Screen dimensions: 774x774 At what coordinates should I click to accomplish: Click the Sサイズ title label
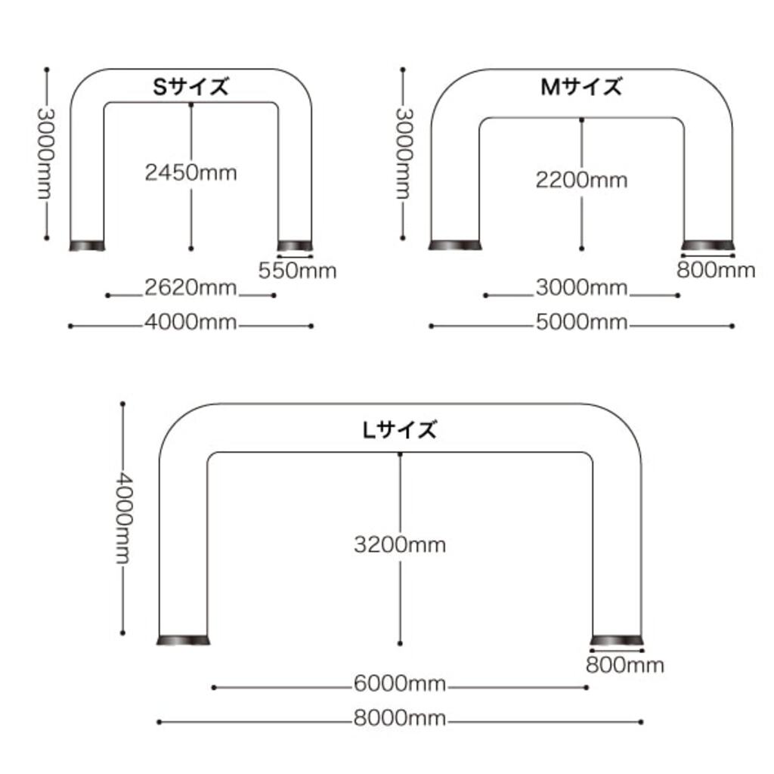pyautogui.click(x=191, y=87)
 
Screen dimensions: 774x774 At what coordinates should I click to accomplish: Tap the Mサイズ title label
pyautogui.click(x=581, y=87)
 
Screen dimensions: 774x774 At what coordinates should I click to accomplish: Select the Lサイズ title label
pyautogui.click(x=400, y=430)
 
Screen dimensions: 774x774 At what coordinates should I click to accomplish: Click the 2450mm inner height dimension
pyautogui.click(x=191, y=173)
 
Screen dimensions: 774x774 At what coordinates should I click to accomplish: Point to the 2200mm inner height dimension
pyautogui.click(x=581, y=180)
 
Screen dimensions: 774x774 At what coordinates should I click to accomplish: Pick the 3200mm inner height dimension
pyautogui.click(x=400, y=545)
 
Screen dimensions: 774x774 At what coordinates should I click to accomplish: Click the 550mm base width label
pyautogui.click(x=298, y=271)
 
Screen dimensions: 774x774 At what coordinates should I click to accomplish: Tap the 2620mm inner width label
pyautogui.click(x=190, y=287)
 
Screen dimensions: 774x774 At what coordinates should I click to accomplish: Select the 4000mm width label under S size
pyautogui.click(x=190, y=322)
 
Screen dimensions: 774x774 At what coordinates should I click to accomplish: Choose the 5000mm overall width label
pyautogui.click(x=581, y=322)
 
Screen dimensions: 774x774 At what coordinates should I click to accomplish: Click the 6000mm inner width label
pyautogui.click(x=400, y=683)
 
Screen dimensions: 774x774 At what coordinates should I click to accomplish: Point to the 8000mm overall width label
pyautogui.click(x=400, y=718)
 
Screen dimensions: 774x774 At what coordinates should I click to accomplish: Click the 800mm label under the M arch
pyautogui.click(x=717, y=270)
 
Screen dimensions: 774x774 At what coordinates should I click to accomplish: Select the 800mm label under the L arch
pyautogui.click(x=625, y=665)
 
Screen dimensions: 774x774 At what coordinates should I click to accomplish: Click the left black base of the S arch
pyautogui.click(x=87, y=246)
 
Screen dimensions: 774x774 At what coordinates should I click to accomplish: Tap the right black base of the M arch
pyautogui.click(x=707, y=245)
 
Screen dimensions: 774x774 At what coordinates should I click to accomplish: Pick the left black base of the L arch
pyautogui.click(x=183, y=640)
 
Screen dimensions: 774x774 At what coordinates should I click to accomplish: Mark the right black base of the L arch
pyautogui.click(x=617, y=640)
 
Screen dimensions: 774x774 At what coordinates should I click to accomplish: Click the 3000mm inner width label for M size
pyautogui.click(x=581, y=287)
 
